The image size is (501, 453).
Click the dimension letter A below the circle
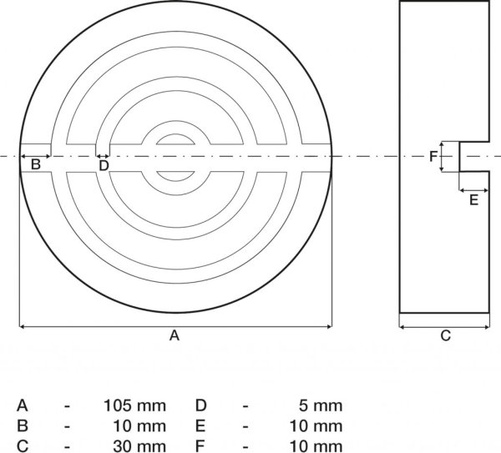175,335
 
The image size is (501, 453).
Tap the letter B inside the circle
35,164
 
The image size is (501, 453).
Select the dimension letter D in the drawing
104,166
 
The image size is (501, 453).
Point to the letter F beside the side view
433,157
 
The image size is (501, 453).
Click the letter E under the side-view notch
473,200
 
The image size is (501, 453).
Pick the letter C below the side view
445,336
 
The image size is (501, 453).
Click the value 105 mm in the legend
134,405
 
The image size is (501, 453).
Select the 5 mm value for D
321,405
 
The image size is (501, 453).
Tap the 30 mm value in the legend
139,446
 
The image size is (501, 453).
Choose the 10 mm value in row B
139,426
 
